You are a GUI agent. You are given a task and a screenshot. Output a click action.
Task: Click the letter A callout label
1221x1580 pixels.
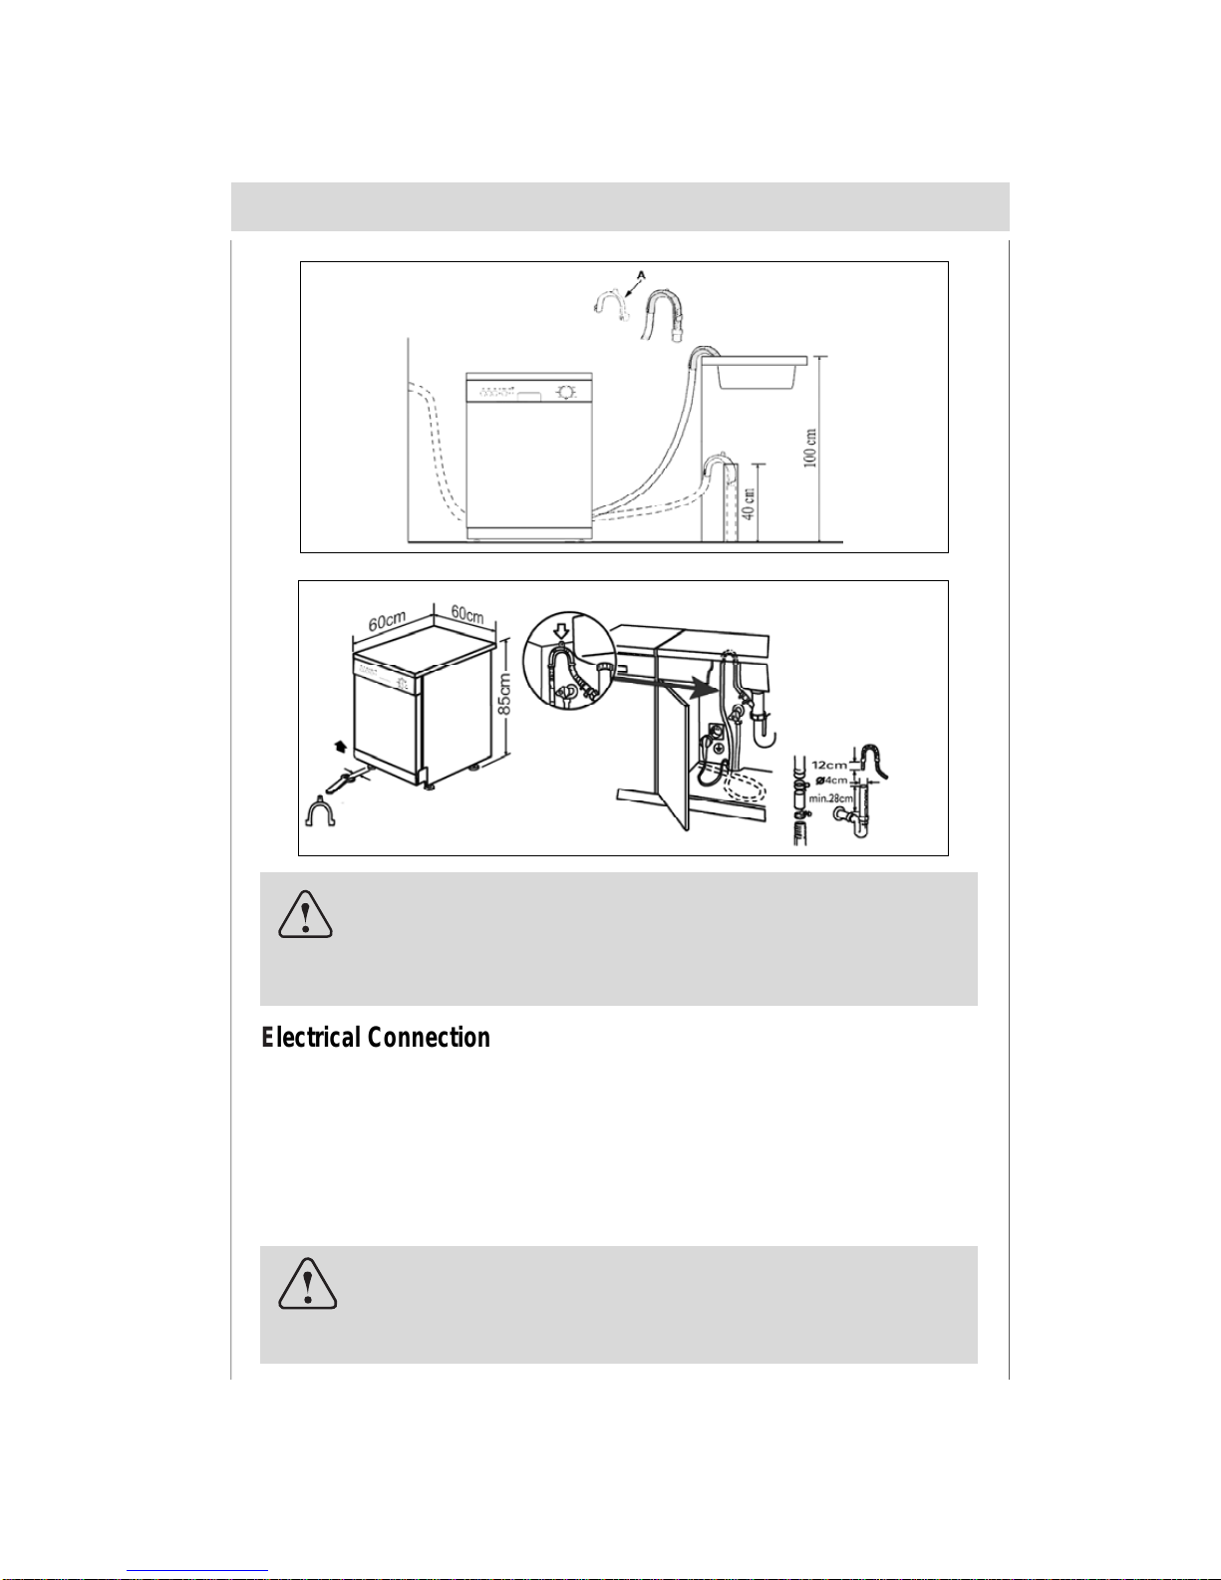[x=641, y=275]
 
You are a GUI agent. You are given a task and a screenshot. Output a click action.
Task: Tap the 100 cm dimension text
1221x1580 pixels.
[x=810, y=448]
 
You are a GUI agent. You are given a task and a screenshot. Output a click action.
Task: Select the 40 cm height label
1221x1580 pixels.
[x=748, y=503]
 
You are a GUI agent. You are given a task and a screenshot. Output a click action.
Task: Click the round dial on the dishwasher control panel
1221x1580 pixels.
[x=565, y=392]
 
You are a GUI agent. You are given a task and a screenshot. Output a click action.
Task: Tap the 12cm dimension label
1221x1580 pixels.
[x=829, y=765]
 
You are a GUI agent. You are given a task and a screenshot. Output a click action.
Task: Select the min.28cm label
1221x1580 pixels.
[x=830, y=798]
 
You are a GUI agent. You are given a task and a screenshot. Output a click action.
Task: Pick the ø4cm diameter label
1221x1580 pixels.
[x=831, y=781]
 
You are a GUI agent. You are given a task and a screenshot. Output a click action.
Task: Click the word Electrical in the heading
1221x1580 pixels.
[x=310, y=1038]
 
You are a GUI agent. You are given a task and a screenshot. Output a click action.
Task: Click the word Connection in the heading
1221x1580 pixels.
[x=428, y=1038]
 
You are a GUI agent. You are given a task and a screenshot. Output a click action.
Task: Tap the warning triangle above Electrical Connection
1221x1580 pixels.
[x=305, y=915]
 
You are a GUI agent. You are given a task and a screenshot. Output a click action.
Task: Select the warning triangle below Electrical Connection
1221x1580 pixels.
[x=307, y=1284]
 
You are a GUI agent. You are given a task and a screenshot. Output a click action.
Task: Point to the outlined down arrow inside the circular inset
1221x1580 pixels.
[x=561, y=630]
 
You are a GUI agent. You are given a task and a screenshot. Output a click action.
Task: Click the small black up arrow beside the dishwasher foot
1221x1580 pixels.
[x=340, y=746]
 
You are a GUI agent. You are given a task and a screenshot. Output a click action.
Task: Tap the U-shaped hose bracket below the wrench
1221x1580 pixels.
[x=320, y=811]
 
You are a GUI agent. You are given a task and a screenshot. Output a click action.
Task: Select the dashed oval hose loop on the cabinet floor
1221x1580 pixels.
[x=745, y=786]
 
